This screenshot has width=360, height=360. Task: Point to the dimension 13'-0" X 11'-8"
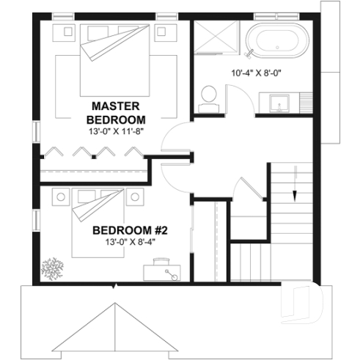pyautogui.click(x=116, y=131)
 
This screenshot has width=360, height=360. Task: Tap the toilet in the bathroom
pyautogui.click(x=208, y=95)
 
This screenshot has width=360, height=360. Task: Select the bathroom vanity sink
pyautogui.click(x=279, y=103)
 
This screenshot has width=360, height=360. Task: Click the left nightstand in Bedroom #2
pyautogui.click(x=59, y=195)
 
